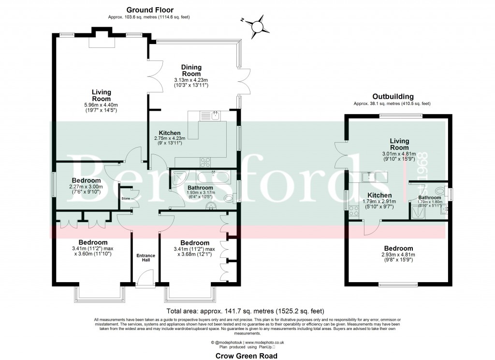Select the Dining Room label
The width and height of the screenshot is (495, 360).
[x=191, y=70]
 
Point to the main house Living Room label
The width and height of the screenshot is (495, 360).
[x=102, y=95]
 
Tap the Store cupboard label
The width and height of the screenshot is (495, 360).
[x=126, y=198]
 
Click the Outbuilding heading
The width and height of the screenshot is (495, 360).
[x=392, y=96]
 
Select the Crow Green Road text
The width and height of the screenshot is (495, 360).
[x=247, y=355]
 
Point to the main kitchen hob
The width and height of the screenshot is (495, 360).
[x=205, y=162]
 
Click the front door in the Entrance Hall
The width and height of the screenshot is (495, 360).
[x=144, y=279]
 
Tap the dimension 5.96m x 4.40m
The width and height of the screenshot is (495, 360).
[x=102, y=105]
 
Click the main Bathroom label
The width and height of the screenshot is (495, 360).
[x=200, y=187]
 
